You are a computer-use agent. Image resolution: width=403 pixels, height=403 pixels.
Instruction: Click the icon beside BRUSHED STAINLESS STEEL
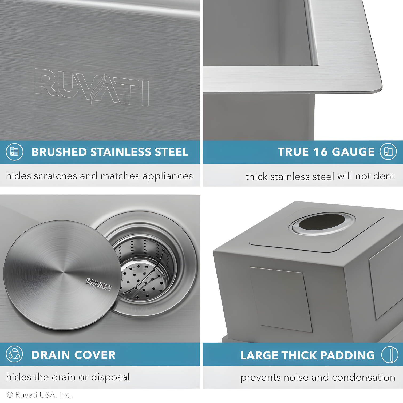[14, 152]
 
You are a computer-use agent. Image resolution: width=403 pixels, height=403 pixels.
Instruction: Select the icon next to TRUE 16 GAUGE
[388, 152]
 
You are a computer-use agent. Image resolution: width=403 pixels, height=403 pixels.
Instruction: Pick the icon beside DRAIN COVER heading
[14, 354]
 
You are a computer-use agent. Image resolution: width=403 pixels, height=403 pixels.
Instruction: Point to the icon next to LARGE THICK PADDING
[389, 355]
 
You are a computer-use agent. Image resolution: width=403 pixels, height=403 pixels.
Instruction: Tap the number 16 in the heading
[320, 152]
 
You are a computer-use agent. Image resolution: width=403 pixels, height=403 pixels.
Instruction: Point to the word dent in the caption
[384, 176]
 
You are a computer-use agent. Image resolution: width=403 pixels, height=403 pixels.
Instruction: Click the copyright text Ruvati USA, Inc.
[39, 395]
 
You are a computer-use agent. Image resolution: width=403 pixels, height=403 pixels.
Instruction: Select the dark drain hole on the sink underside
[322, 222]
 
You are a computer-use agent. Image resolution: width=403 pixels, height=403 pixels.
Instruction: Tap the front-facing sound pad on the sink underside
[281, 299]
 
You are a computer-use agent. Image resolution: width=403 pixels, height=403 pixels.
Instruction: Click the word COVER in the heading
[95, 355]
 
